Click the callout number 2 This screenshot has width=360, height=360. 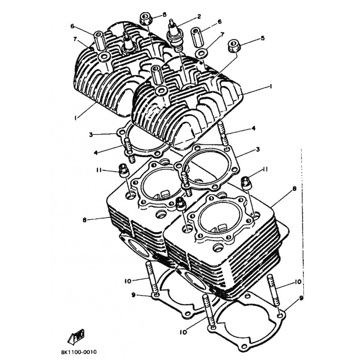point(198,17)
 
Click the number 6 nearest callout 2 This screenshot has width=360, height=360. point(220,22)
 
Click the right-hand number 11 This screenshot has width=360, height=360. point(265,170)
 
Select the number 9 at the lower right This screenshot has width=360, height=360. point(301,298)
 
